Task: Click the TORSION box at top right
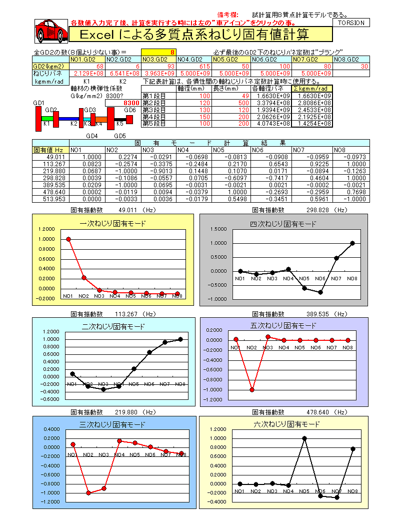pos(351,23)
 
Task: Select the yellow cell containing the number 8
pos(158,52)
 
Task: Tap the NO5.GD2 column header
pos(229,59)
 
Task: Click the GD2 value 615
pos(193,66)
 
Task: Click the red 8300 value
pos(122,103)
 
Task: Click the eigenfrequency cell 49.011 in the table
pos(50,157)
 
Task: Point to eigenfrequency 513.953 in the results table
pos(50,199)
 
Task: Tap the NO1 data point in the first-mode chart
pos(68,239)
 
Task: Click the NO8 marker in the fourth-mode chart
pos(352,243)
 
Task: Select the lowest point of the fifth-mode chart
pos(252,389)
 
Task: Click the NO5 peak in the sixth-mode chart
pos(304,438)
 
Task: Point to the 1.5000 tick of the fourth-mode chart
pos(220,229)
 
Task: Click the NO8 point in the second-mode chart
pos(180,339)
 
